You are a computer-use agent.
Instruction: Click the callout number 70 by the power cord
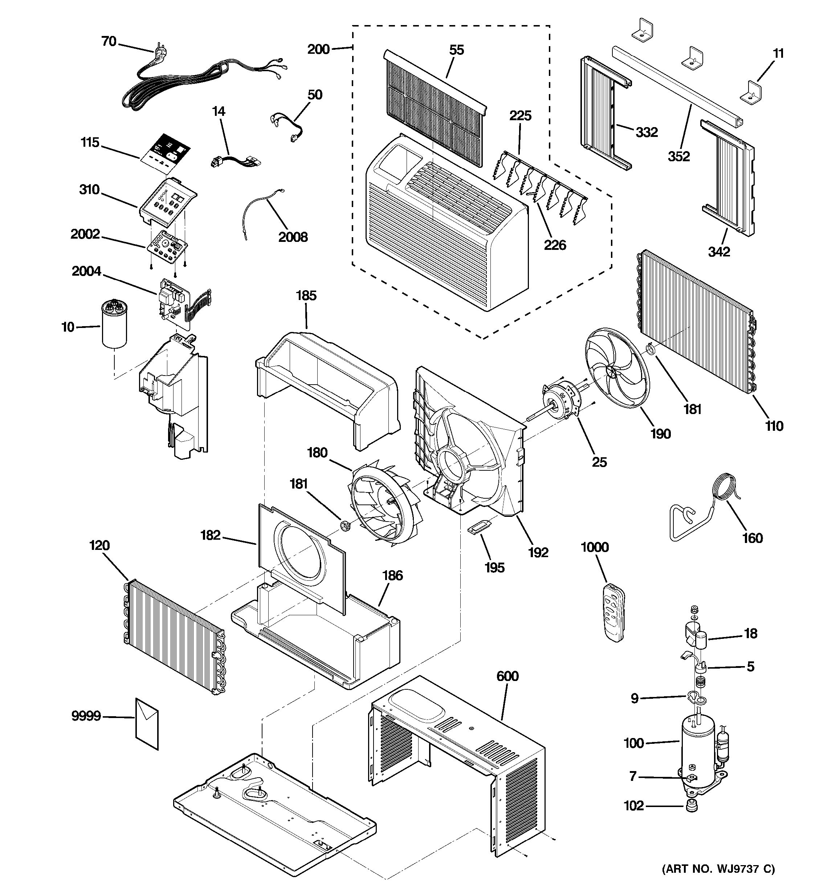[x=109, y=41]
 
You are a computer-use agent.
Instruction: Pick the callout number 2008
[x=293, y=237]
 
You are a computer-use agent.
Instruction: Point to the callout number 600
[x=507, y=676]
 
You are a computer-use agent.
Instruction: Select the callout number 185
[x=306, y=296]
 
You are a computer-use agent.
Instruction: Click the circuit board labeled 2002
[x=167, y=248]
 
